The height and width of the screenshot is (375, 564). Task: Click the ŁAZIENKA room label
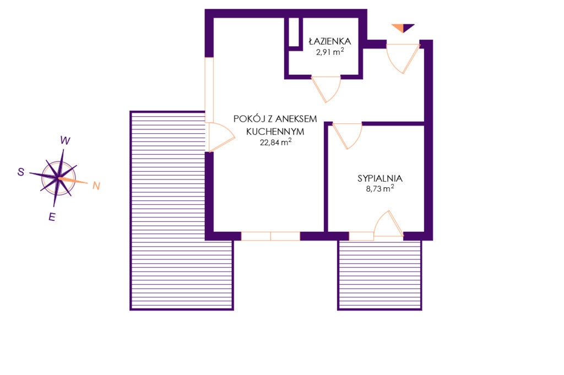tap(330, 41)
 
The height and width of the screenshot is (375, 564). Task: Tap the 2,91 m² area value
tap(330, 51)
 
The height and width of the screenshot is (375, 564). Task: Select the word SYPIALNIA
tap(380, 178)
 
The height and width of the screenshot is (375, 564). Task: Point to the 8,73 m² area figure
tap(380, 188)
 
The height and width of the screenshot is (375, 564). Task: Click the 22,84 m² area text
tap(275, 142)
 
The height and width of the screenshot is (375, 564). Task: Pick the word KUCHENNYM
tap(275, 132)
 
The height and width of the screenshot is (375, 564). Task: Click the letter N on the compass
tap(96, 186)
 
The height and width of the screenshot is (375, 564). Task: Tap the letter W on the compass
tap(65, 140)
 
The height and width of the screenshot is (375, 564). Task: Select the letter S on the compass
tap(21, 172)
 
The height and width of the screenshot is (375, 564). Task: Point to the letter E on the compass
tap(52, 217)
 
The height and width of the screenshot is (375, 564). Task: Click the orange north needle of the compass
tap(73, 180)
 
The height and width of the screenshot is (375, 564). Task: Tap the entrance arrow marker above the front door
tap(403, 28)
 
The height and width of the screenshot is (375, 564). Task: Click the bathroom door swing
tap(326, 89)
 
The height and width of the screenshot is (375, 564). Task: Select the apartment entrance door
tap(403, 58)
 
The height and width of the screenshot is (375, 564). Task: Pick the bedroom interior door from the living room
tap(347, 135)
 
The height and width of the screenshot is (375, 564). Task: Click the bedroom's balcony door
tap(388, 224)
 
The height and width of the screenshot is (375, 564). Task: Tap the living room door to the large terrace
tap(220, 137)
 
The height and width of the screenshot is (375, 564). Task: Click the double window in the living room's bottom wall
tap(270, 236)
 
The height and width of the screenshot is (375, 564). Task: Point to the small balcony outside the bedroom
tap(379, 275)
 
